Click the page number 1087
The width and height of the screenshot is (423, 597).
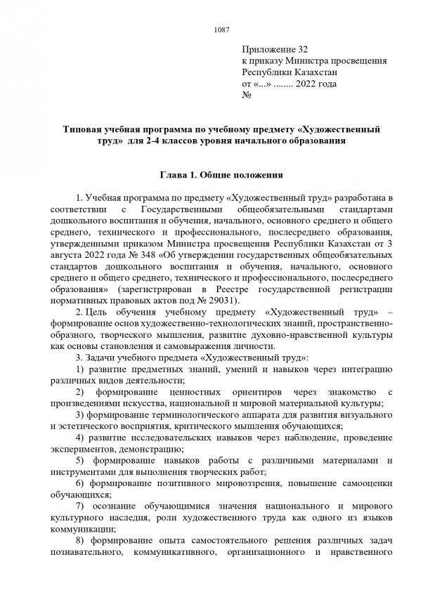click(221, 29)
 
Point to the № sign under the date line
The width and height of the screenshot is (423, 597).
click(247, 95)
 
